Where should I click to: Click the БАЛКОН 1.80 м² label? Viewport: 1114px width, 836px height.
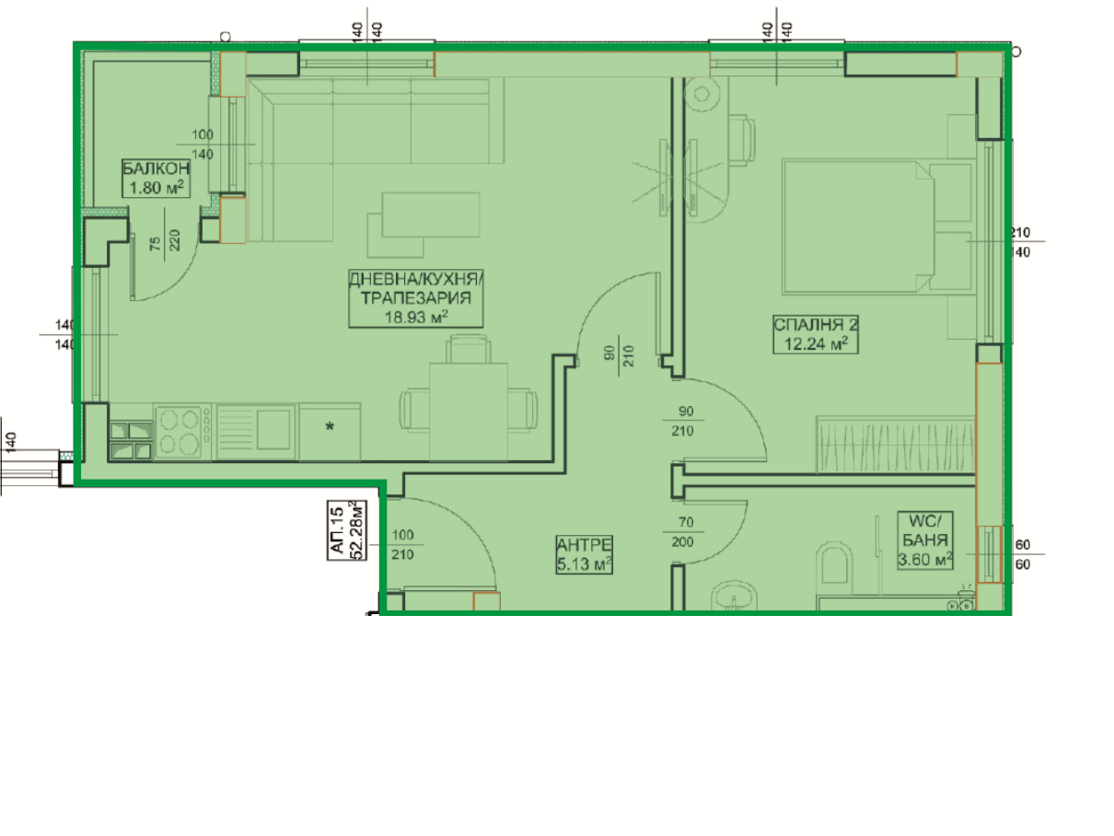click(x=156, y=179)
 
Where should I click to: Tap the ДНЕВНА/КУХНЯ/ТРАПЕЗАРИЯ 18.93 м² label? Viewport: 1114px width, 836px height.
click(x=415, y=298)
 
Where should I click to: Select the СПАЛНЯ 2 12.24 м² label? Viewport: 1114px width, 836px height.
click(x=816, y=334)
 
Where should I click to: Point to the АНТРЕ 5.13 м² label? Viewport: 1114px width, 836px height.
click(x=584, y=554)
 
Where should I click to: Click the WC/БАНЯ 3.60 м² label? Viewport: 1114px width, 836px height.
click(x=925, y=540)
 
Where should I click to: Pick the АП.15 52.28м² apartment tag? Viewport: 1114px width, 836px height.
click(x=347, y=530)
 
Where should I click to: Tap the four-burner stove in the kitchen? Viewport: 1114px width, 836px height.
click(x=182, y=433)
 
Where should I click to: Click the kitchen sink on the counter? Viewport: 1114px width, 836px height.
click(x=256, y=432)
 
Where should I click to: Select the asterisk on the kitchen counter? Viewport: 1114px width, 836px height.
click(x=330, y=427)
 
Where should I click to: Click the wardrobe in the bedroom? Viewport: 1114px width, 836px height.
click(x=895, y=445)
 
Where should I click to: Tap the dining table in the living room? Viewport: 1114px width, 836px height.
click(x=469, y=412)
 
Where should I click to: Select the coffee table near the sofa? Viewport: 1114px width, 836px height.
click(x=431, y=215)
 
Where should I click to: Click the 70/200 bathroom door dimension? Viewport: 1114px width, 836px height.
click(x=682, y=532)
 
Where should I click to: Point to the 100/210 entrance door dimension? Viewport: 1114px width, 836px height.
click(x=402, y=545)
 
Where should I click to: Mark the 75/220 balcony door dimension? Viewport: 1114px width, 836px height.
click(x=165, y=240)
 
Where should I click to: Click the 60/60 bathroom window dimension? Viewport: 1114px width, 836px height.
click(x=1022, y=554)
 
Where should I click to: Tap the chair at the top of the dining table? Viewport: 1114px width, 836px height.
click(x=469, y=349)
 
